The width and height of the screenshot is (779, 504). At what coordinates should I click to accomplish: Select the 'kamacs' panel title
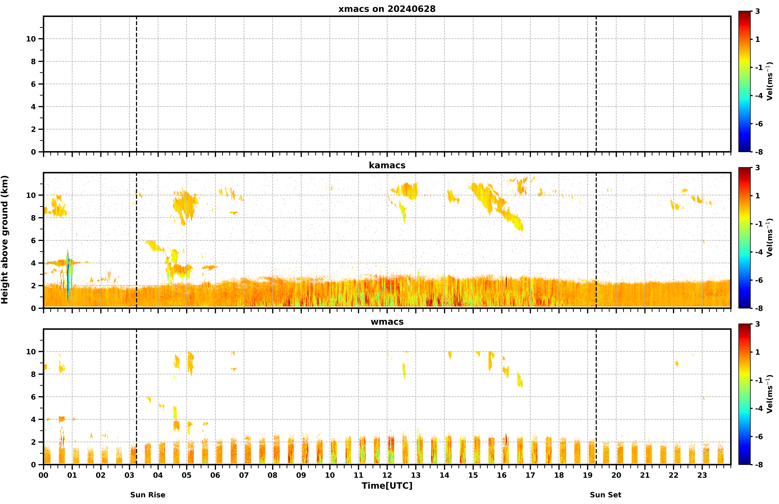pyautogui.click(x=387, y=165)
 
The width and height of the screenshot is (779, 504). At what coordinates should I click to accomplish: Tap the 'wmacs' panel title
pyautogui.click(x=387, y=322)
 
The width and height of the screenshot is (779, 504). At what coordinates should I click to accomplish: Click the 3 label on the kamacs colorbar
pyautogui.click(x=757, y=168)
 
